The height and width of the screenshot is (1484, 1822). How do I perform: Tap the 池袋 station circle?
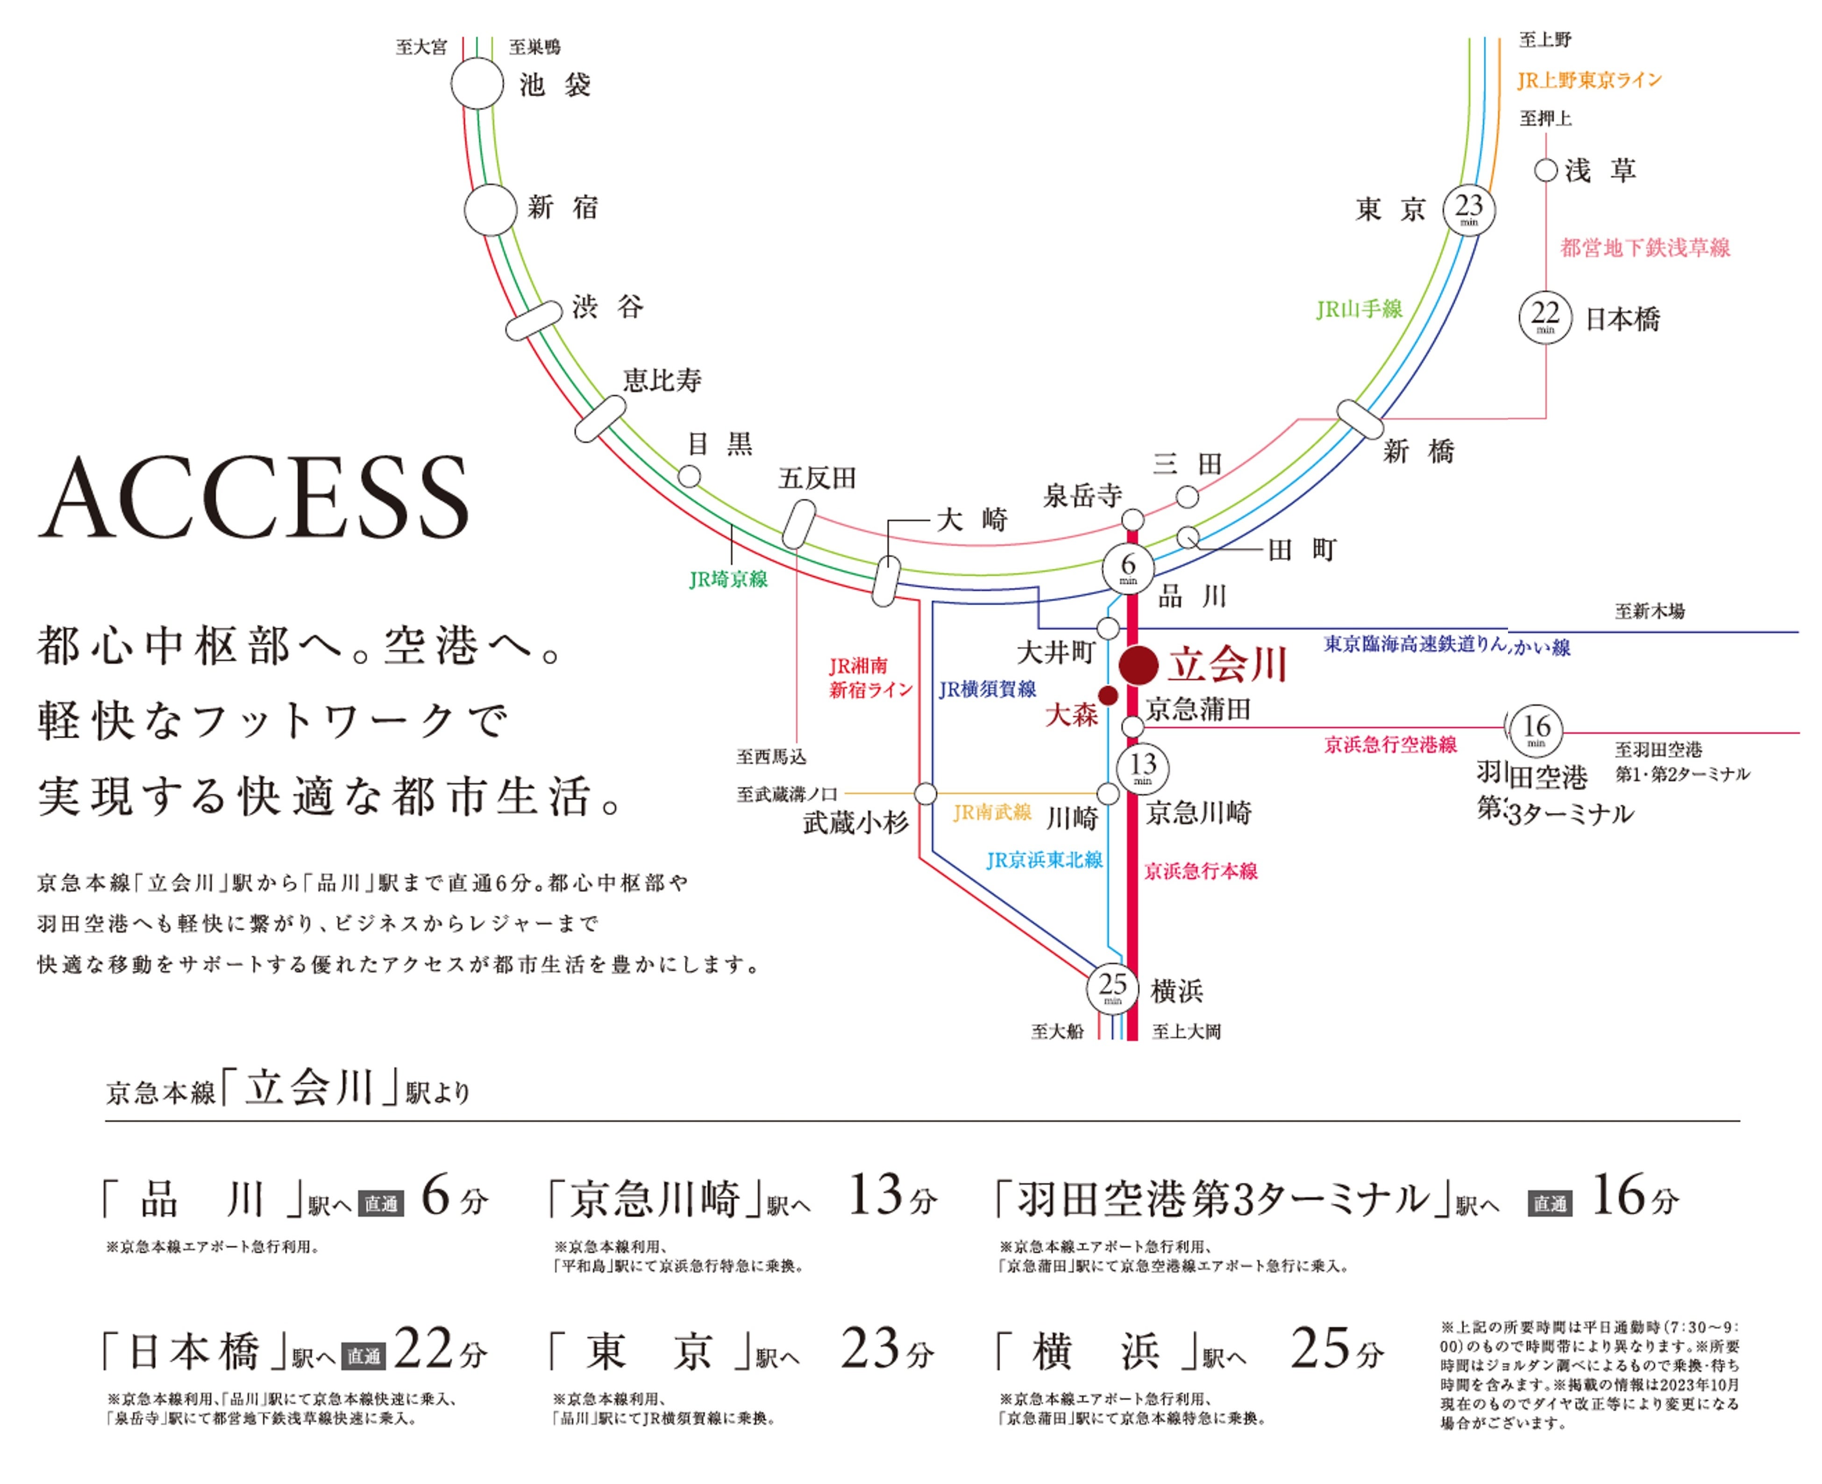point(477,84)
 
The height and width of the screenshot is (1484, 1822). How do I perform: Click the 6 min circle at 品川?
point(1128,568)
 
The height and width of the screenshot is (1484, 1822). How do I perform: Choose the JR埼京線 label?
point(728,579)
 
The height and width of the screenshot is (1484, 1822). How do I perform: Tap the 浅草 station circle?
point(1545,170)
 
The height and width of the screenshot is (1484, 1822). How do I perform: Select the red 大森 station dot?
point(1107,696)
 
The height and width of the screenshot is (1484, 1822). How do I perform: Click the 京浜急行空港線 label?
point(1390,744)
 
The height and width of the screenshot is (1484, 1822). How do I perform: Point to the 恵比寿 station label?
point(662,381)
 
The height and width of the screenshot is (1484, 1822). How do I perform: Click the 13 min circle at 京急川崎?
point(1143,767)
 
